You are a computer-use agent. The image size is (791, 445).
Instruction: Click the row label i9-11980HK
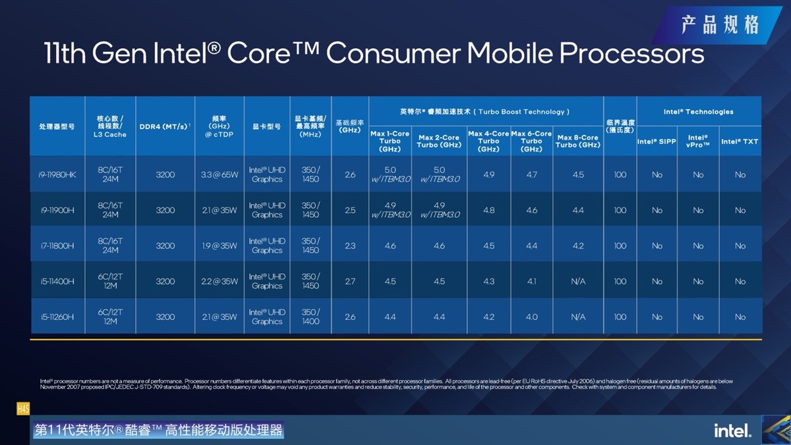pyautogui.click(x=57, y=175)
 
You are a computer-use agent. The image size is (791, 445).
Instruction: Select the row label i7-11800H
pyautogui.click(x=57, y=246)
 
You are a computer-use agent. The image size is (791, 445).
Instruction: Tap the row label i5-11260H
pyautogui.click(x=57, y=317)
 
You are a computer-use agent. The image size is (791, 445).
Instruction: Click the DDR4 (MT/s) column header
pyautogui.click(x=165, y=126)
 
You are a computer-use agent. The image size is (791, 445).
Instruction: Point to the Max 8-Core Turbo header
pyautogui.click(x=578, y=141)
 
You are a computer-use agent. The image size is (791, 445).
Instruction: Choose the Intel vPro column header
pyautogui.click(x=698, y=141)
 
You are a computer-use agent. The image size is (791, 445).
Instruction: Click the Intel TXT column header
pyautogui.click(x=740, y=142)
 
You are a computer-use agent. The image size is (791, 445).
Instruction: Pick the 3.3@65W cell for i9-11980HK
pyautogui.click(x=219, y=175)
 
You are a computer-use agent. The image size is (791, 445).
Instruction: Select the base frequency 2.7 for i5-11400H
pyautogui.click(x=350, y=282)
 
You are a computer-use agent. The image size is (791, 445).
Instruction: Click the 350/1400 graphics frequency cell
pyautogui.click(x=310, y=317)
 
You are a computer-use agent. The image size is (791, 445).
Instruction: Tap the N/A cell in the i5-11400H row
pyautogui.click(x=578, y=282)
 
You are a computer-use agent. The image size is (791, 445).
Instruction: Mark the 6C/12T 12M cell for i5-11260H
pyautogui.click(x=110, y=317)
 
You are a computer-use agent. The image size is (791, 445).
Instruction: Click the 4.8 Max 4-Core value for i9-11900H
pyautogui.click(x=488, y=211)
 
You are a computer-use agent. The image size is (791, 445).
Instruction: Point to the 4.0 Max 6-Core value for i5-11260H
pyautogui.click(x=531, y=317)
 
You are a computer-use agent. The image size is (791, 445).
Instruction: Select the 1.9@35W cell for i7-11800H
pyautogui.click(x=219, y=246)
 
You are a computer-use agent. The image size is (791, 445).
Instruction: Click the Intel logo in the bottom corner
pyautogui.click(x=732, y=431)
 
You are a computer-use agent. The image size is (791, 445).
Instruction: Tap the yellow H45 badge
pyautogui.click(x=23, y=409)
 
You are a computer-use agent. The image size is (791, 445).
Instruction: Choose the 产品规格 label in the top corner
pyautogui.click(x=720, y=25)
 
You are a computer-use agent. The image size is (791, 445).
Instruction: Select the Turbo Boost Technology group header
pyautogui.click(x=486, y=112)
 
